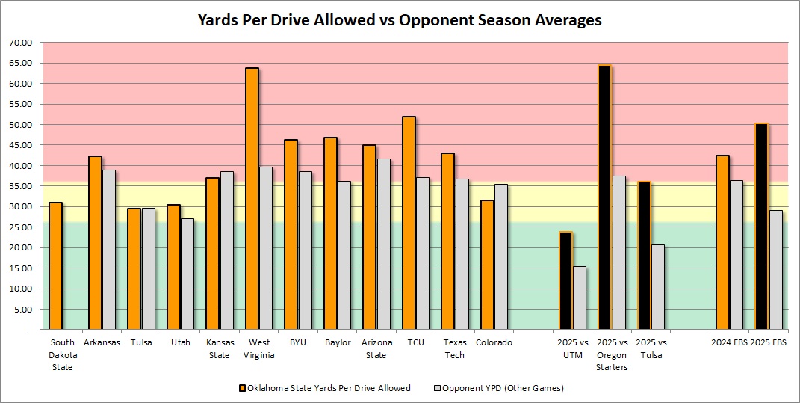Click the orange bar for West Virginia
coord(252,198)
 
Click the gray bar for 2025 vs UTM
coord(580,298)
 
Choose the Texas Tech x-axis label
coord(454,348)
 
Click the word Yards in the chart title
coord(220,20)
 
